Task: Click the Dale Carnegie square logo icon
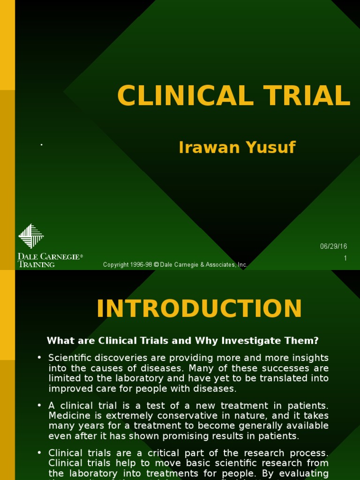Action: [x=31, y=236]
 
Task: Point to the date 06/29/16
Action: [x=333, y=247]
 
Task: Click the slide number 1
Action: [x=345, y=258]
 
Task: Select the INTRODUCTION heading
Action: [x=199, y=309]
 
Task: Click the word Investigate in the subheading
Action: [x=242, y=340]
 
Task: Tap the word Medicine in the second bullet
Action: [x=67, y=416]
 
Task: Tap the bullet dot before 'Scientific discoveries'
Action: [x=40, y=358]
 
